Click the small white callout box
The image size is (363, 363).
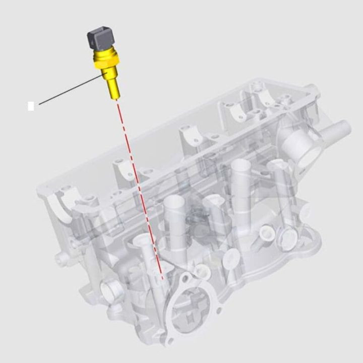click(31, 106)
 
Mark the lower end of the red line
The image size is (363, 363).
click(162, 278)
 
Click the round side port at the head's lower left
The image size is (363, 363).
click(110, 290)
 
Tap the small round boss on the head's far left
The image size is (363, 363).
click(62, 258)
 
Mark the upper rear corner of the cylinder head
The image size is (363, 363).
click(313, 91)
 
